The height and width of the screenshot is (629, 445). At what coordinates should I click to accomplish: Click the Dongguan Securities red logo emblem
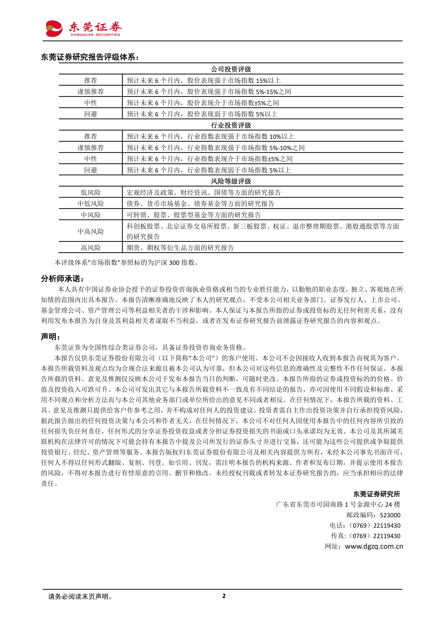tap(54, 29)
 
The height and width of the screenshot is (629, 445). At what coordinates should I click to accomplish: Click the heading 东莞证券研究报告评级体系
tap(90, 57)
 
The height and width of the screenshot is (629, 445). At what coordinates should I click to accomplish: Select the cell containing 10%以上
tap(210, 136)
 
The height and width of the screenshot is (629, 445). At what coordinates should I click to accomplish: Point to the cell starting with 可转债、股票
tap(194, 215)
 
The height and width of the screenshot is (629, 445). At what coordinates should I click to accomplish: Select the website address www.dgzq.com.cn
tap(374, 546)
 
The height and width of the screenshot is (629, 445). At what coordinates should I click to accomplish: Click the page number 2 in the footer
tap(224, 596)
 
